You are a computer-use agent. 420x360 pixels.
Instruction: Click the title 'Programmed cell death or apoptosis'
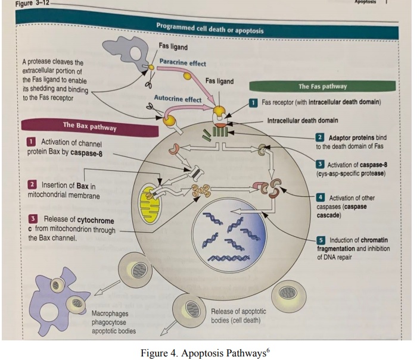click(209, 29)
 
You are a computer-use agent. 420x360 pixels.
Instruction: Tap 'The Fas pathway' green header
click(322, 86)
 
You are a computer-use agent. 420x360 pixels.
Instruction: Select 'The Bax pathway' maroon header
click(90, 126)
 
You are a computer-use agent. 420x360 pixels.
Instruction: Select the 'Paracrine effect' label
click(183, 62)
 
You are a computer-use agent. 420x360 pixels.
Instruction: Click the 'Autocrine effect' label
click(178, 99)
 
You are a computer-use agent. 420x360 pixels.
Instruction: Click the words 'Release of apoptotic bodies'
click(238, 316)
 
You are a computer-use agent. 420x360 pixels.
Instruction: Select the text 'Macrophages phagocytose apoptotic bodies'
click(114, 321)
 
